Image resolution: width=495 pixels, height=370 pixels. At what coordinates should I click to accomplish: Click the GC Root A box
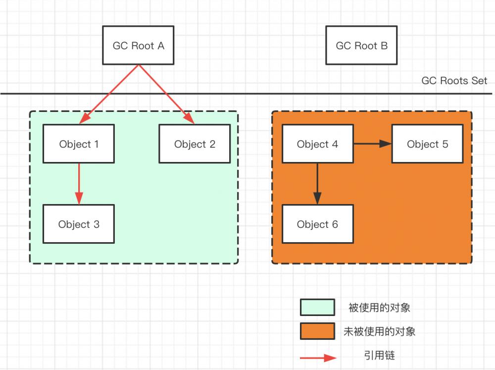(x=138, y=46)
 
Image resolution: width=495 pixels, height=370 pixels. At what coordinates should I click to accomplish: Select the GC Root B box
(x=361, y=46)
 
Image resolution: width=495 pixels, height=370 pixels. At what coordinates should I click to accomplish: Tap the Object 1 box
(x=79, y=144)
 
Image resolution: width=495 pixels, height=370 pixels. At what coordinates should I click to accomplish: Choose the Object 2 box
(x=195, y=144)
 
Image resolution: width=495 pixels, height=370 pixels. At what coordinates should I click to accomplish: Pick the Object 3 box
(x=79, y=224)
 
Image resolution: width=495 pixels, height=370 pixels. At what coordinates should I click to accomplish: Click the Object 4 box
(x=317, y=144)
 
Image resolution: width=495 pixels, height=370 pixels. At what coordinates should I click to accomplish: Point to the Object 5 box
(x=427, y=144)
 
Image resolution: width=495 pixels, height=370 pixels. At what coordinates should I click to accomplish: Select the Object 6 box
(x=317, y=224)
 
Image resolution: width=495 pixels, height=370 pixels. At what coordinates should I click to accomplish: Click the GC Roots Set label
(x=454, y=81)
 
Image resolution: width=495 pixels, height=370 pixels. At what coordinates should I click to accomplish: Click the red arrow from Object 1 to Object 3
(x=79, y=183)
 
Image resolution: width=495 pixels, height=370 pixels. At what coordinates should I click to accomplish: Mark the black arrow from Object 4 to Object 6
(x=317, y=183)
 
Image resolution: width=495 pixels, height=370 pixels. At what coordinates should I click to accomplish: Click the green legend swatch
(x=317, y=307)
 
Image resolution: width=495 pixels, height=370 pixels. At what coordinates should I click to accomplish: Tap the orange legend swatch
(x=317, y=331)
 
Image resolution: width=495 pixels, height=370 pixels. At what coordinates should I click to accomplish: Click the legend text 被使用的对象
(x=379, y=308)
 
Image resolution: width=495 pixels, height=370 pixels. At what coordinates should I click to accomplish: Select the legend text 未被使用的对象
(x=379, y=331)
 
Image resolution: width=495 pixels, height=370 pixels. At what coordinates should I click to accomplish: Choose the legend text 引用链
(x=379, y=355)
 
